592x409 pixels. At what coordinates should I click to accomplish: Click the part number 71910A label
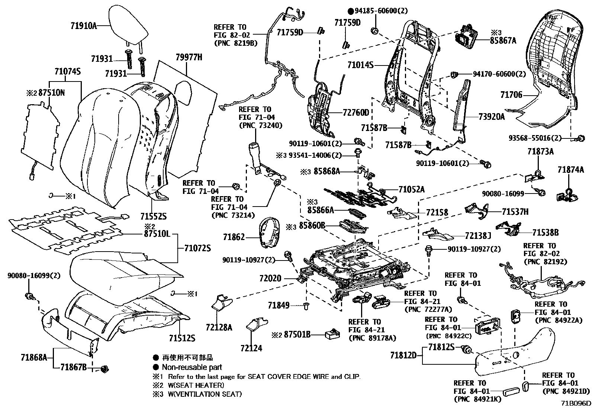tap(83, 26)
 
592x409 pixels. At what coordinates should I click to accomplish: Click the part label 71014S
tap(360, 65)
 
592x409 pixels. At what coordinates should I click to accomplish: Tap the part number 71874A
tap(570, 170)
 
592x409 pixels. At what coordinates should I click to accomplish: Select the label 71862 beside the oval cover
tap(234, 237)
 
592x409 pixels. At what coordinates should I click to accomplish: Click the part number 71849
tap(278, 305)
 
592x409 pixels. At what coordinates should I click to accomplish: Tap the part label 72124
tap(251, 348)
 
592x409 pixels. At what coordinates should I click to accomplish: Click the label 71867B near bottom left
tap(73, 367)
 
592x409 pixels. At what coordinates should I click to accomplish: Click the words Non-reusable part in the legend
tap(192, 367)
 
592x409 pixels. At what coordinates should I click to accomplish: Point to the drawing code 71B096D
tap(576, 403)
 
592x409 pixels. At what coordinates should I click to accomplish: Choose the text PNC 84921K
tap(477, 399)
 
